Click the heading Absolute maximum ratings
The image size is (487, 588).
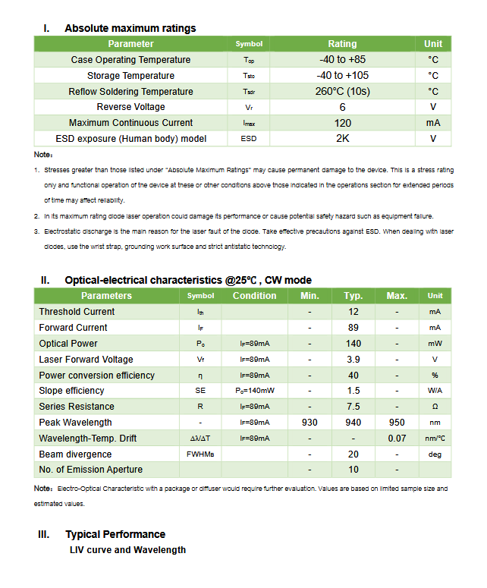[x=130, y=28]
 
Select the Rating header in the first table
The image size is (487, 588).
[x=342, y=44]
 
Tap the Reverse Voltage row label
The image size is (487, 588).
[x=130, y=107]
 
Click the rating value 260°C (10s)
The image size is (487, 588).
[x=342, y=91]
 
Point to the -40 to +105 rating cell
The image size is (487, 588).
[x=342, y=75]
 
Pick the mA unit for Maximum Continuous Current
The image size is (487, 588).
[x=433, y=123]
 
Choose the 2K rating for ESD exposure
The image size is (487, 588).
[x=342, y=139]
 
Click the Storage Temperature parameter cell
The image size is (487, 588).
[x=130, y=75]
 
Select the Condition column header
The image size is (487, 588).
[x=254, y=296]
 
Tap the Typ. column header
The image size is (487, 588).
[x=353, y=296]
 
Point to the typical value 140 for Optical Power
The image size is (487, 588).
[x=353, y=344]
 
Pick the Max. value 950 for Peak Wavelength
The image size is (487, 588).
[x=397, y=423]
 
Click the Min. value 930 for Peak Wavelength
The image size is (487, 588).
[x=309, y=423]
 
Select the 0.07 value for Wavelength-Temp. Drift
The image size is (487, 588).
[x=397, y=439]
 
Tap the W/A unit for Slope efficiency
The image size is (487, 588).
[x=435, y=391]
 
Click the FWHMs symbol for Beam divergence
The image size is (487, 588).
[x=200, y=454]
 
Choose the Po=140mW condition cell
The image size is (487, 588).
[x=254, y=391]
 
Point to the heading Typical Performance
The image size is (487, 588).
[x=115, y=534]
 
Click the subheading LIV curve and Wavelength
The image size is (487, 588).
[x=127, y=549]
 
